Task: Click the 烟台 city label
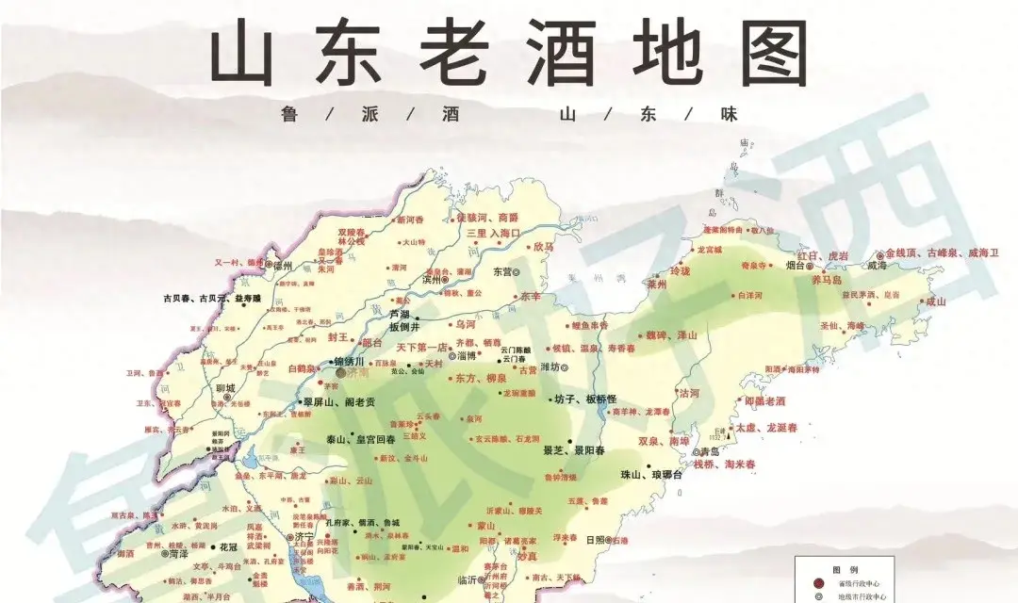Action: click(x=797, y=267)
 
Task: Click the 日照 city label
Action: click(x=596, y=541)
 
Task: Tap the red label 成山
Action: click(x=935, y=301)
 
